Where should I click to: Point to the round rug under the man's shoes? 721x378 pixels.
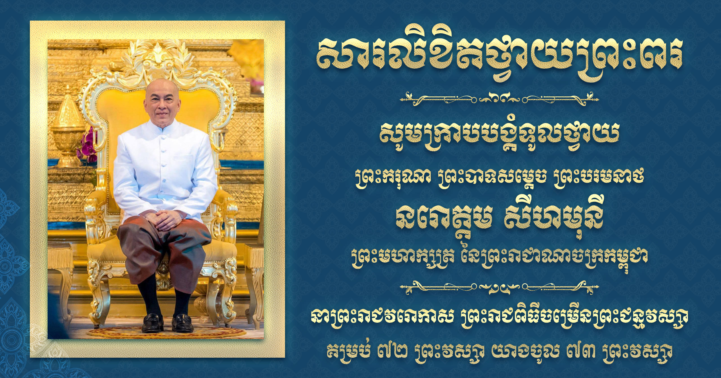point(166,331)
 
